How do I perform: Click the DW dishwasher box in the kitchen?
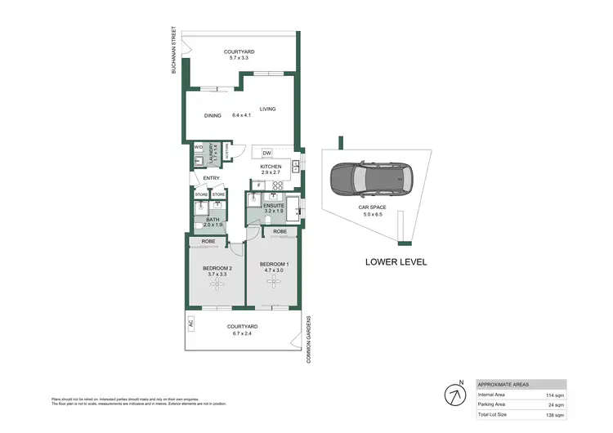[x=266, y=153]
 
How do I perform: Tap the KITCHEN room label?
[x=271, y=167]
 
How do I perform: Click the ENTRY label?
[x=211, y=178]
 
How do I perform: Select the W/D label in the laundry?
[x=198, y=148]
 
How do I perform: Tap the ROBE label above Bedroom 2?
[x=208, y=241]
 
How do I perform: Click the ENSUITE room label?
[x=273, y=205]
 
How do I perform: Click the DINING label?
[x=213, y=116]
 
